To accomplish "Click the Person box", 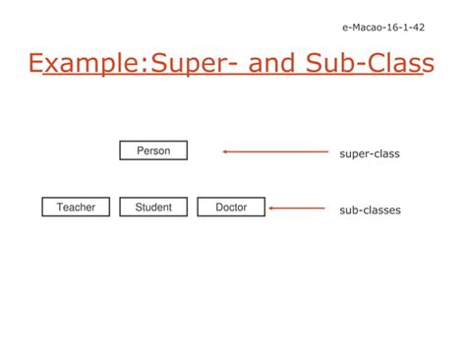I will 153,150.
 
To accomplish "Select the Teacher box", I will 76,207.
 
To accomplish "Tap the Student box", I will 153,207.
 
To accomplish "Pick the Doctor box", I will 231,207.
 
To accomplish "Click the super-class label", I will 370,153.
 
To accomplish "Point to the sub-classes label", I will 370,210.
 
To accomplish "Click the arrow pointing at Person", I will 275,151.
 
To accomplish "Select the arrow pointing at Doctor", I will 297,208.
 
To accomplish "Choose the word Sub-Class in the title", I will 368,65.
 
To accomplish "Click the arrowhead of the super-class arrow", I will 226,151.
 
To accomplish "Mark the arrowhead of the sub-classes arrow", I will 272,208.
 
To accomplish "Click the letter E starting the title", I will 36,65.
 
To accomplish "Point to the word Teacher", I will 76,207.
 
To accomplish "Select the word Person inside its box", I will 153,150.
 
